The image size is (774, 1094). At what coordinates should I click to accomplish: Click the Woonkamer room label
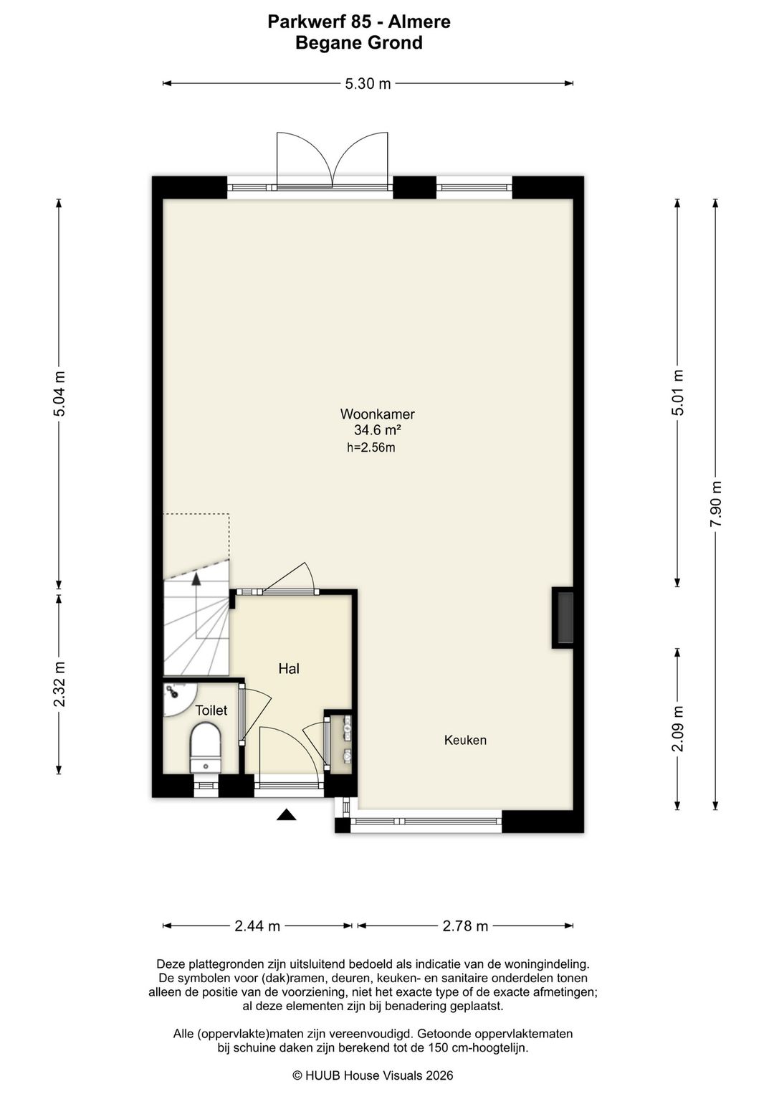click(378, 414)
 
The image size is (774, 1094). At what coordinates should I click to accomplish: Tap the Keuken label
click(465, 740)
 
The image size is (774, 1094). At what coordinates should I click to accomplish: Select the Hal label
click(289, 669)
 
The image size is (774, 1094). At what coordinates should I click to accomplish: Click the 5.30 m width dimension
click(368, 84)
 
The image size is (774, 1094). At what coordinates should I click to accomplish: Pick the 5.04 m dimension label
click(59, 394)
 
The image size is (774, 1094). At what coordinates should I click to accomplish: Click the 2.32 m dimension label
click(59, 684)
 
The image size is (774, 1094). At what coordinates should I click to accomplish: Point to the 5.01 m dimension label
click(677, 393)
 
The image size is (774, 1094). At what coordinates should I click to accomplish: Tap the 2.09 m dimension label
click(677, 729)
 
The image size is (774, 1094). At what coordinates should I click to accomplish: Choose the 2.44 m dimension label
click(257, 926)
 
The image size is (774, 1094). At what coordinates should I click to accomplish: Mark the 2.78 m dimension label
click(465, 926)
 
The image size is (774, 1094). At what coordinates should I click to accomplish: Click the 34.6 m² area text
click(378, 430)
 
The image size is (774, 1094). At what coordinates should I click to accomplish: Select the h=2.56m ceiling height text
click(371, 447)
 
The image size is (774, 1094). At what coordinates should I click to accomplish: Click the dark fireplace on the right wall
click(563, 617)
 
